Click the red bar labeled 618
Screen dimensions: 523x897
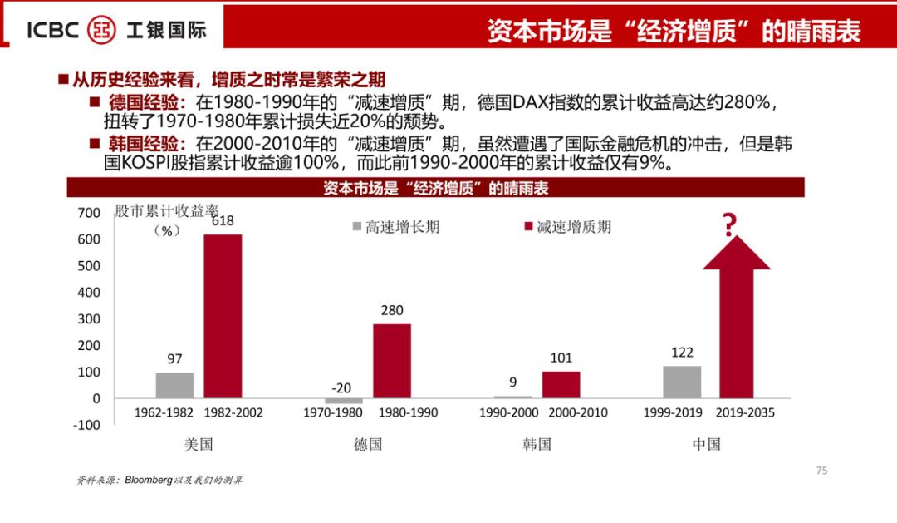point(223,316)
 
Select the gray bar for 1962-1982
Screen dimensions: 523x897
point(174,385)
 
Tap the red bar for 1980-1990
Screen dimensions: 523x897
point(392,361)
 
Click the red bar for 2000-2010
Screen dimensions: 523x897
point(561,384)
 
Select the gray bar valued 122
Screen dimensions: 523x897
point(682,382)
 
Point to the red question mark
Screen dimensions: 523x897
point(730,225)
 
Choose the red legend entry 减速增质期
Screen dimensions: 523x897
point(565,227)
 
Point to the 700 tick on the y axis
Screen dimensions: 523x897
point(88,213)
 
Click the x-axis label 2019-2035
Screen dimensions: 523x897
point(738,412)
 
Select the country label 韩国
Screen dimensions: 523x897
point(537,444)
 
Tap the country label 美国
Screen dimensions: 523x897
point(199,444)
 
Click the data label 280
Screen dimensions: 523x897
point(392,311)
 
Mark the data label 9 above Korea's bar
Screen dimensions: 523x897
point(513,382)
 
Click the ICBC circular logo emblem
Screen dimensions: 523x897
point(103,29)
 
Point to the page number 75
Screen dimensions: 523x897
point(821,471)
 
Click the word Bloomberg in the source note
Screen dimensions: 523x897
point(149,481)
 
